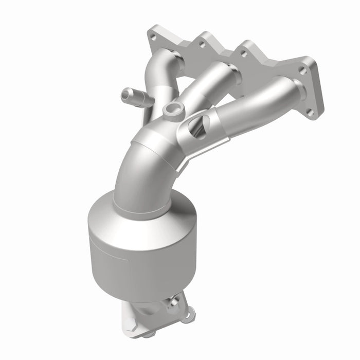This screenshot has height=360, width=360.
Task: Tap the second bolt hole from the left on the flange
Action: [x=201, y=44]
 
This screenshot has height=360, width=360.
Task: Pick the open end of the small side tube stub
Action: [x=125, y=95]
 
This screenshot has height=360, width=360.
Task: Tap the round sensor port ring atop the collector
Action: [x=172, y=110]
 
